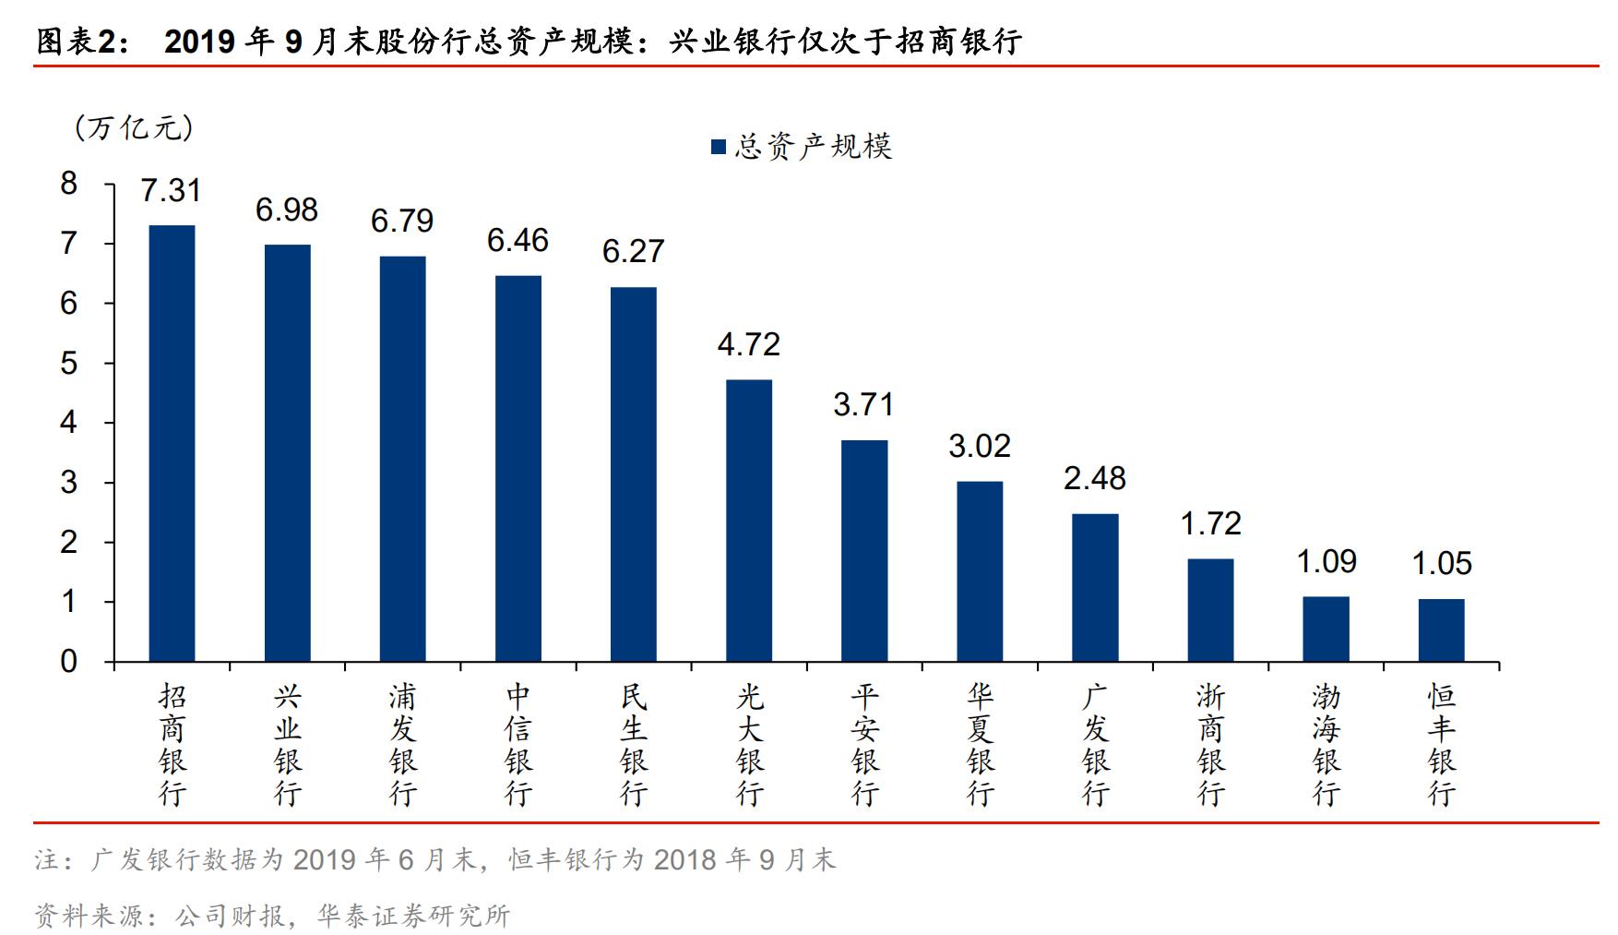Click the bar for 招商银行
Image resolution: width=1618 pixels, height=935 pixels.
[x=172, y=443]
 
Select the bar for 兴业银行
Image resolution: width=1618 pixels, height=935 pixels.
[x=287, y=453]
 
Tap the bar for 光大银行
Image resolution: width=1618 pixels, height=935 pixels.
[x=749, y=521]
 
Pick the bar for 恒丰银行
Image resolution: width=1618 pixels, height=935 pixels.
[x=1441, y=630]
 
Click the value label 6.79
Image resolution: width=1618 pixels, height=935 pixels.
[x=402, y=221]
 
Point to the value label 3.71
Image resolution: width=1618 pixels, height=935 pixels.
[x=863, y=404]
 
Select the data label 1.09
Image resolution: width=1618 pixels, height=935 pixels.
[x=1327, y=561]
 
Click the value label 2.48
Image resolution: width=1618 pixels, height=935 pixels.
[x=1095, y=478]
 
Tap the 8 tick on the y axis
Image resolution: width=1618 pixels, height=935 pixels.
[x=69, y=184]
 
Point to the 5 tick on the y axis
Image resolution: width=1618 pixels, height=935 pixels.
[x=69, y=363]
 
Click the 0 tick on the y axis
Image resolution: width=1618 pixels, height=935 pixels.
[x=69, y=662]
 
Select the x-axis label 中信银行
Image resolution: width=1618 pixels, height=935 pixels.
[x=518, y=744]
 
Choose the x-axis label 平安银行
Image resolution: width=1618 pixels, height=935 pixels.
[x=864, y=744]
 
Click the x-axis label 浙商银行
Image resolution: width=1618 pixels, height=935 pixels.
[x=1211, y=744]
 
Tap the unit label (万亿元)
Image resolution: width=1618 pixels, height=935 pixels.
[x=135, y=127]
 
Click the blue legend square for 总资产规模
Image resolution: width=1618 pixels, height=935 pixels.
[x=719, y=147]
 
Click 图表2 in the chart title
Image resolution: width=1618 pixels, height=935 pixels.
[x=77, y=41]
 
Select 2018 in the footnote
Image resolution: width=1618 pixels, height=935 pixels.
[x=684, y=860]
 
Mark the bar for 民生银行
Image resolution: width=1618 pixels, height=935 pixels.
[x=634, y=474]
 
